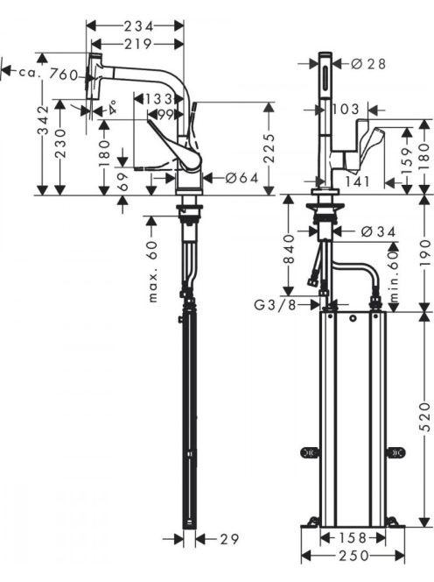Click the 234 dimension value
[x=138, y=26]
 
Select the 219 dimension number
[x=138, y=45]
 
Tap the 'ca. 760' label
[x=48, y=74]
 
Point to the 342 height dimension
[x=44, y=120]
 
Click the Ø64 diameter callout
[x=242, y=178]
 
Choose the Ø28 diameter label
[x=368, y=64]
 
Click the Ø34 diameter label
[x=379, y=231]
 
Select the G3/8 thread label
[x=276, y=305]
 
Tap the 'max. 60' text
[x=153, y=272]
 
